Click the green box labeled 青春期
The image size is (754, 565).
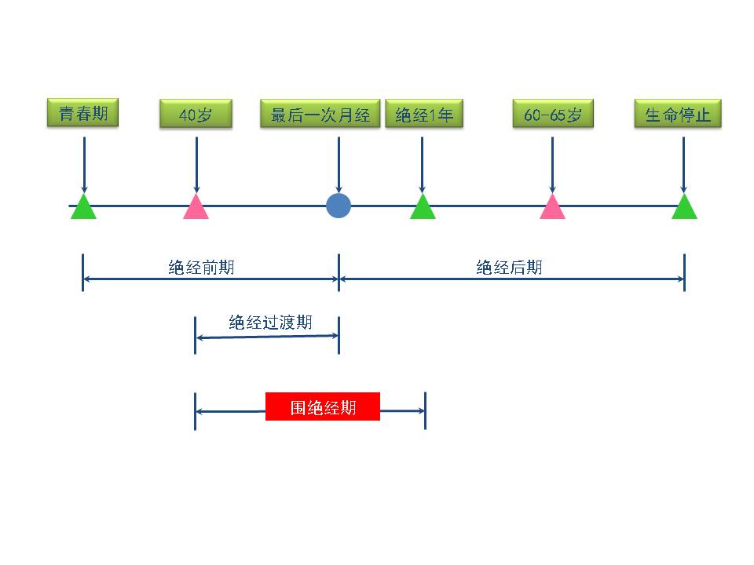[x=83, y=113]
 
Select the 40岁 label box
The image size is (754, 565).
[x=196, y=115]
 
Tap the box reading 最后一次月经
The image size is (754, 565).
[x=320, y=115]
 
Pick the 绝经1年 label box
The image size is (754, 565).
[x=424, y=115]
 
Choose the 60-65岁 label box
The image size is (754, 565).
[x=552, y=115]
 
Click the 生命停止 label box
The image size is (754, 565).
[x=678, y=115]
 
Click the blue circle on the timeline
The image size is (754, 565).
[x=339, y=206]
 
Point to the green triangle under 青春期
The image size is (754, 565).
[x=83, y=208]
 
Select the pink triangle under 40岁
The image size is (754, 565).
[x=196, y=208]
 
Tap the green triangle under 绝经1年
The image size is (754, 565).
[x=423, y=208]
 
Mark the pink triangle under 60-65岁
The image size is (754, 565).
[x=552, y=208]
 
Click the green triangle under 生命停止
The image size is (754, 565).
[x=684, y=208]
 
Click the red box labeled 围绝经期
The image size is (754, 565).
[x=323, y=406]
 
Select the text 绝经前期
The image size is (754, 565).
[x=201, y=268]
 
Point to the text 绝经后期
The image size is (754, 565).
[x=509, y=268]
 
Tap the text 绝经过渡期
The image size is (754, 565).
[x=270, y=323]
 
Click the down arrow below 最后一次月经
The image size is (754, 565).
[x=339, y=165]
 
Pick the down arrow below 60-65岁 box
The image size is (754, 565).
[x=552, y=165]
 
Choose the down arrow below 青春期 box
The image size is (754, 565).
[x=83, y=165]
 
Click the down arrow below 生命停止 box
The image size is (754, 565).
[x=684, y=165]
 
